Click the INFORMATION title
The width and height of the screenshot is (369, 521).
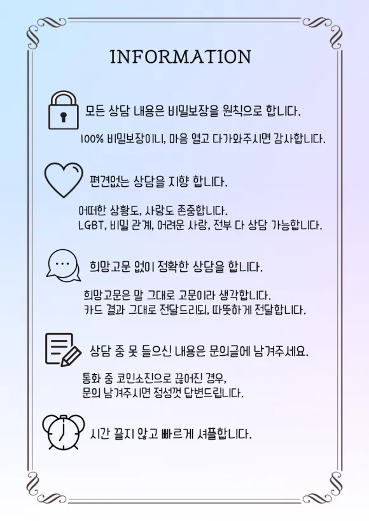pyautogui.click(x=180, y=57)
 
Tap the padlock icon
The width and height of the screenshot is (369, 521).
pyautogui.click(x=63, y=111)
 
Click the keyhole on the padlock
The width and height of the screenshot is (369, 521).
pyautogui.click(x=63, y=117)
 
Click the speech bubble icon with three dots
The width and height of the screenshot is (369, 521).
pyautogui.click(x=63, y=265)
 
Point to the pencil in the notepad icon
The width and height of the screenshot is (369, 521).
pyautogui.click(x=71, y=356)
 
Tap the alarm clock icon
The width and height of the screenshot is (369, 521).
pyautogui.click(x=63, y=432)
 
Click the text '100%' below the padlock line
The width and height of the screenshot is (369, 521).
pyautogui.click(x=92, y=139)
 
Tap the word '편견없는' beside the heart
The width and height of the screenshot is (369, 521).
pyautogui.click(x=109, y=181)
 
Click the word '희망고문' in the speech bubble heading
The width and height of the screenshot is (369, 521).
pyautogui.click(x=109, y=266)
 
